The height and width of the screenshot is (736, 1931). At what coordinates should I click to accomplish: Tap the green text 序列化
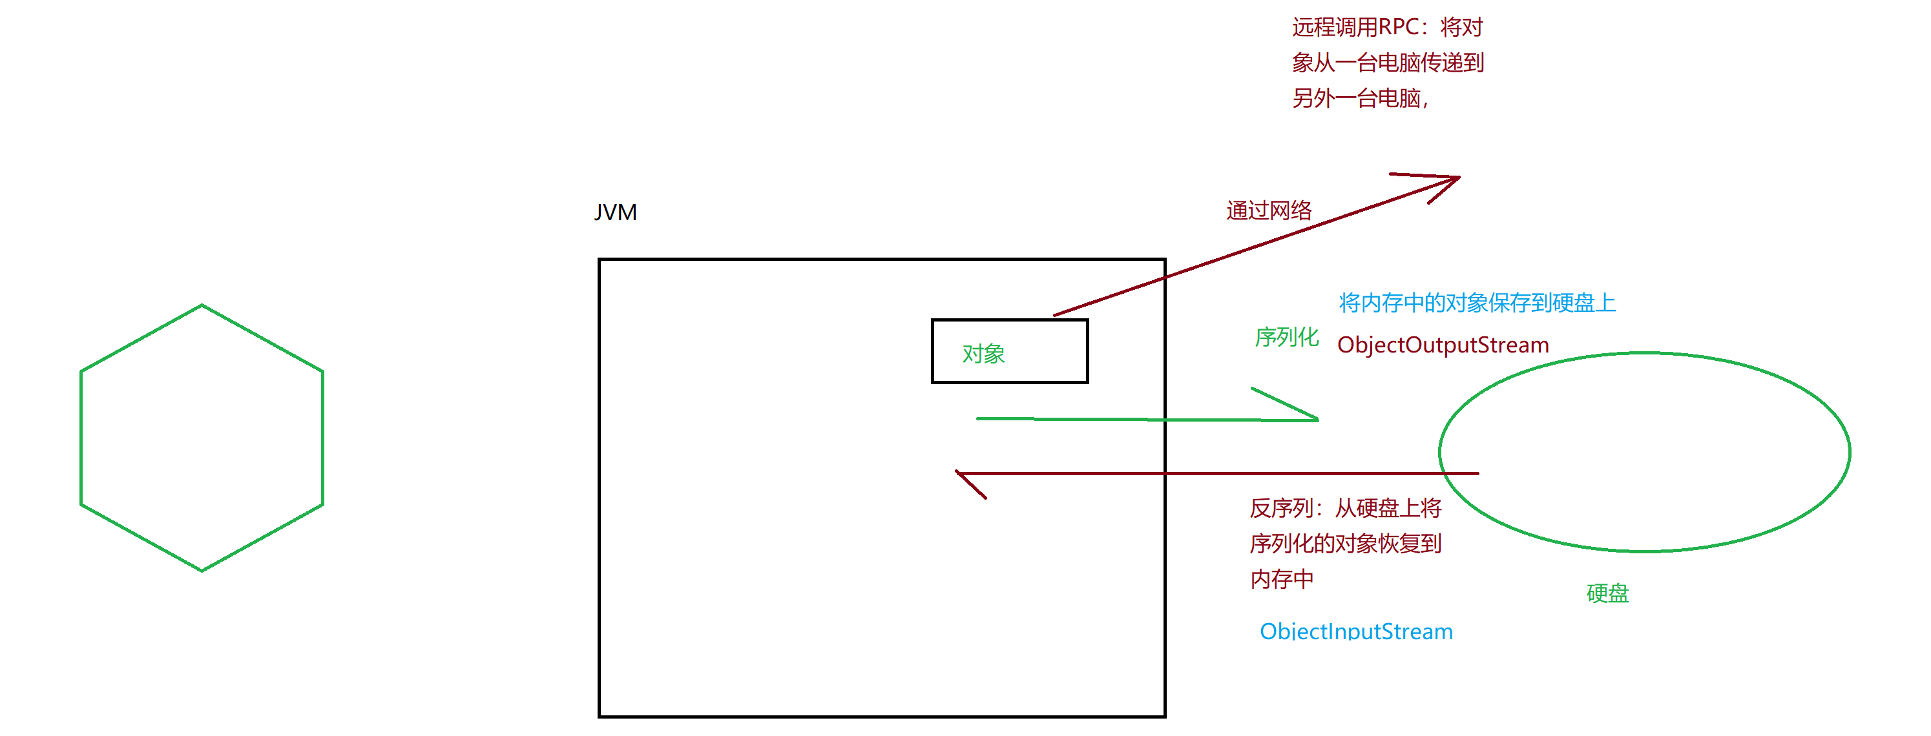1286,337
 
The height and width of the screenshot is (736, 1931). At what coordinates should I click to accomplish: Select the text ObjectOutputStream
1442,345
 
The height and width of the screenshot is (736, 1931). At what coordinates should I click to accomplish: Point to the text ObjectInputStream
1355,631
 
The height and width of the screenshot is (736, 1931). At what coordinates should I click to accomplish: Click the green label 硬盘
1607,593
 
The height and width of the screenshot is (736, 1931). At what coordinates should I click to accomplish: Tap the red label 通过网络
1268,210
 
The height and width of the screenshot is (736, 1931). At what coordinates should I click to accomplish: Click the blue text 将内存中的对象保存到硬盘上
1477,303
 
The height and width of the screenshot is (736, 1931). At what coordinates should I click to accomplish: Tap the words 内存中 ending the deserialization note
1281,579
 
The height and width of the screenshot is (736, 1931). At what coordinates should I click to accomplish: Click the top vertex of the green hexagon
202,306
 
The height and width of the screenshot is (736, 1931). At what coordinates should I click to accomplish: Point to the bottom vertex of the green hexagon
202,569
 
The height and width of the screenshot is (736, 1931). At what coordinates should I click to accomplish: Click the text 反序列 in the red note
1280,509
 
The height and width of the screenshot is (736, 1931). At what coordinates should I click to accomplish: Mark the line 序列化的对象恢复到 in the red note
1345,544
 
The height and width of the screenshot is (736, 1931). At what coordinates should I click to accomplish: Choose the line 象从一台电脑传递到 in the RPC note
1388,63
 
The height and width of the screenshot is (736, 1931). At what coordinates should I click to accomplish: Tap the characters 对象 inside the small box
983,354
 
